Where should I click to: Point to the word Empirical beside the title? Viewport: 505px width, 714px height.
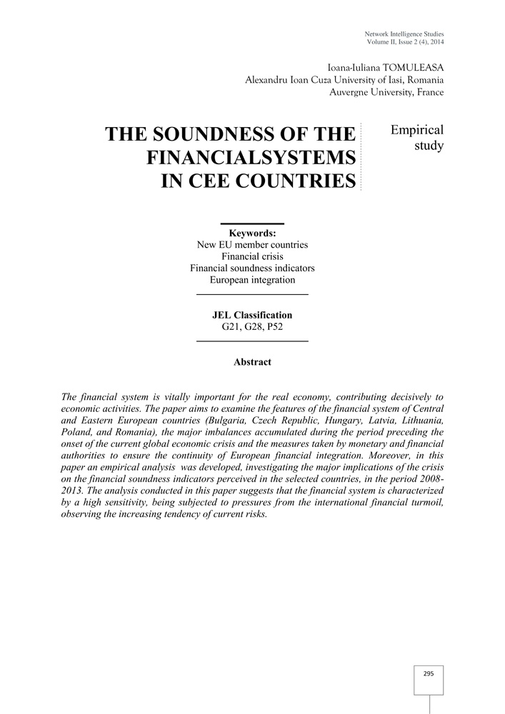pos(417,130)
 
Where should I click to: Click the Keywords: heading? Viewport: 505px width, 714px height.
pos(252,233)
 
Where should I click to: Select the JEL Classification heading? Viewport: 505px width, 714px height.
pos(252,315)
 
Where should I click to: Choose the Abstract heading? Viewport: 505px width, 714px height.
pos(252,362)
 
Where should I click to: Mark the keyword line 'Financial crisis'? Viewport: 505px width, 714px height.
pos(252,256)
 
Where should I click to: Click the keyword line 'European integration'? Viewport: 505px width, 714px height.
pos(252,279)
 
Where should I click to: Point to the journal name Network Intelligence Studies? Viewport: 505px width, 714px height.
pos(404,34)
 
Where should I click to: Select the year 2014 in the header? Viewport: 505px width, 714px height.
pos(435,43)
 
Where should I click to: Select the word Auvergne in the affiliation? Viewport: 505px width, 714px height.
pos(350,92)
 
